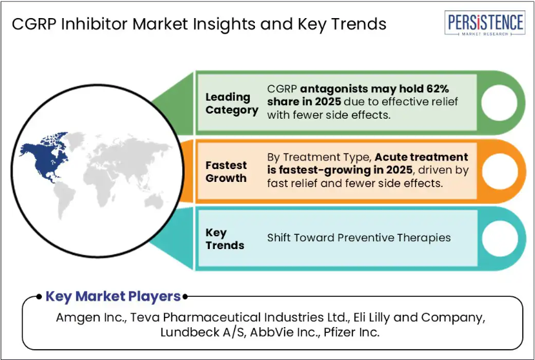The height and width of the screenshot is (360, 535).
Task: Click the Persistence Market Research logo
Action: pos(485,23)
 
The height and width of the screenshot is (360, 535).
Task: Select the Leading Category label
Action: pos(232,103)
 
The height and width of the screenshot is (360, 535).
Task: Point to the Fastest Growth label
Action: pos(226,172)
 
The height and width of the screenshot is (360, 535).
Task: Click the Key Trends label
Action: pos(225,239)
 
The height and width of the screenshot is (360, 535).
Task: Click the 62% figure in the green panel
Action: pos(438,89)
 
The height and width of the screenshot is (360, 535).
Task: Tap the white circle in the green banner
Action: pos(499,103)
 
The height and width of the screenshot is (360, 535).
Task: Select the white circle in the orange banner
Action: pos(500,171)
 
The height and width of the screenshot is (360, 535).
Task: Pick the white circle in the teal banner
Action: pos(500,239)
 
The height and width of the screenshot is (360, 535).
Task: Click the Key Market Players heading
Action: pos(113,296)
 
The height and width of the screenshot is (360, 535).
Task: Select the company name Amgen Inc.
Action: pos(92,317)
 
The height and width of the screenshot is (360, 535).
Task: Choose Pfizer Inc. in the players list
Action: pos(352,332)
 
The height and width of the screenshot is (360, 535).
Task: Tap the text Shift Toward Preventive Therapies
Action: pos(359,238)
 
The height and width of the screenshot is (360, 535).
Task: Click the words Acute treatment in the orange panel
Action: pos(421,157)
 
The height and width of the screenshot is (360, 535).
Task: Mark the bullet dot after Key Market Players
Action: pos(185,297)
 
